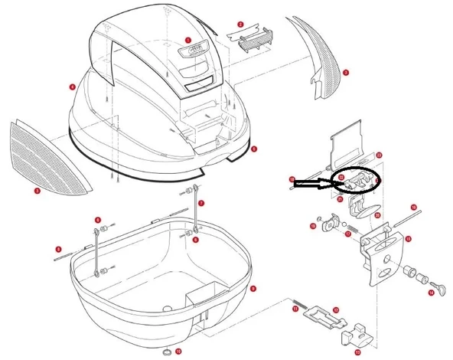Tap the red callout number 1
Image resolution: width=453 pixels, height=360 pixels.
click(x=187, y=40)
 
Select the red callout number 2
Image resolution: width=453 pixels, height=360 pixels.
click(x=240, y=25)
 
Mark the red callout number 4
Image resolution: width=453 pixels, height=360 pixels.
click(x=72, y=87)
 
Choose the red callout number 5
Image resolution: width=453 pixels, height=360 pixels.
click(x=254, y=149)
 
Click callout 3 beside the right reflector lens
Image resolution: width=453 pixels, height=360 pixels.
click(x=346, y=73)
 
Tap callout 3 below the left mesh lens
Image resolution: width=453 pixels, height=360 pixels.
click(x=37, y=191)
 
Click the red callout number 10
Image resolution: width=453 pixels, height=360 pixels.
click(x=178, y=352)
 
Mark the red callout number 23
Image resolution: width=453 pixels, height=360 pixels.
click(x=380, y=155)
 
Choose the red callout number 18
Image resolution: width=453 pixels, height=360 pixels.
click(x=292, y=179)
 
